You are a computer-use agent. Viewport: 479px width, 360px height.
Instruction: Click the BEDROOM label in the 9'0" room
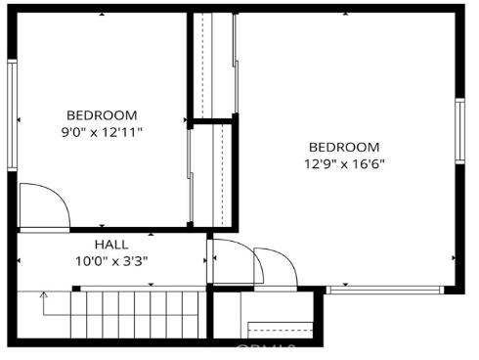(102, 115)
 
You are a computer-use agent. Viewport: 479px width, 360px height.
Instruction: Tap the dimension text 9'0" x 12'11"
(102, 132)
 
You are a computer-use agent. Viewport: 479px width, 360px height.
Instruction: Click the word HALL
(110, 245)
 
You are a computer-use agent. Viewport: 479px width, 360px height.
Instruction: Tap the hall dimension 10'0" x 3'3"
(110, 261)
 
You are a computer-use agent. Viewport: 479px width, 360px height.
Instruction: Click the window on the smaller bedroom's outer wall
(13, 115)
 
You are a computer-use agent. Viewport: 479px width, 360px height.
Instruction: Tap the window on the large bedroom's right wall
(459, 131)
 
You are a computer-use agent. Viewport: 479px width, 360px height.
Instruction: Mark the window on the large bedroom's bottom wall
(385, 290)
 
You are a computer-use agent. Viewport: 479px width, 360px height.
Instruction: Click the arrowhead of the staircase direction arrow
(42, 292)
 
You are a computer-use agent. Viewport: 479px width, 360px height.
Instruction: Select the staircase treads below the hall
(137, 315)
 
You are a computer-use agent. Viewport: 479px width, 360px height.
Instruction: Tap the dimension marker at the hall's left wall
(21, 260)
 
